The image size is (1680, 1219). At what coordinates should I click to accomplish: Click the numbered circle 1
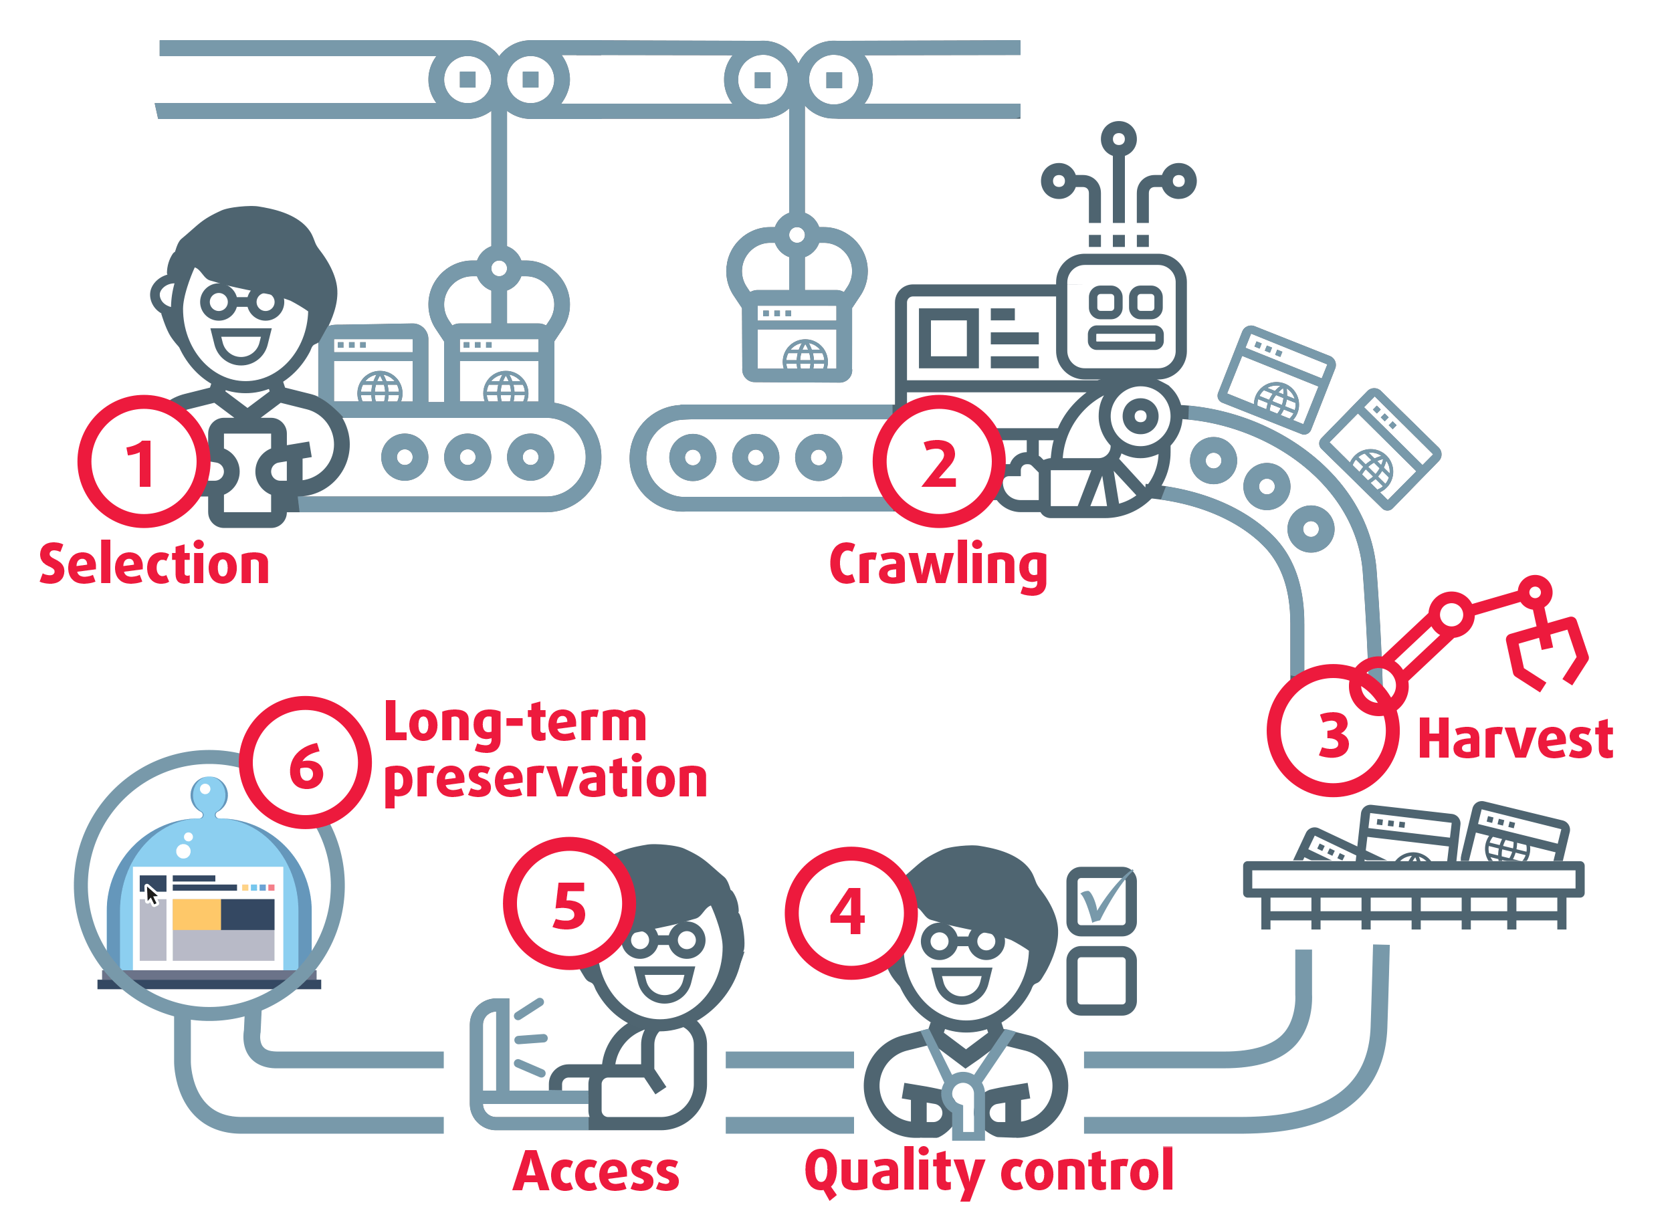[144, 461]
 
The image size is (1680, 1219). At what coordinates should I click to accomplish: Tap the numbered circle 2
[938, 461]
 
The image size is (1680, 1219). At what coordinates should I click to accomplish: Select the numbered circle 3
[1333, 731]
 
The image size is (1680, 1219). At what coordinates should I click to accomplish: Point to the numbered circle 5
[569, 903]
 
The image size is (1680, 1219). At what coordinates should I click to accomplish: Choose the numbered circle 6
[305, 763]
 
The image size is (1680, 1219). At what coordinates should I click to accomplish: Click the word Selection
[154, 565]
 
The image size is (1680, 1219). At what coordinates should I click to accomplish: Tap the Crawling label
[938, 565]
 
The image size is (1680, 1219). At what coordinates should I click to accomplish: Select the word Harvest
[1515, 738]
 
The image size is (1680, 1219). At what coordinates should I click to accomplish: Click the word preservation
[545, 779]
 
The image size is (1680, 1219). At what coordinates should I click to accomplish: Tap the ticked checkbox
[1101, 901]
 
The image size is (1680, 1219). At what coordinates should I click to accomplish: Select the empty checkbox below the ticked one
[1101, 980]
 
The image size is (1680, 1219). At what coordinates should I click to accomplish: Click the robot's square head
[1122, 317]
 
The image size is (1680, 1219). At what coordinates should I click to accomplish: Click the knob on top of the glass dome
[209, 794]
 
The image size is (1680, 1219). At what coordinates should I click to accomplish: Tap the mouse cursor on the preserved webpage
[151, 895]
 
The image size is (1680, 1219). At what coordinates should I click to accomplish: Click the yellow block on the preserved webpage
[197, 914]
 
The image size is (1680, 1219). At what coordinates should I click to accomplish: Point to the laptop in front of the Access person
[511, 1067]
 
